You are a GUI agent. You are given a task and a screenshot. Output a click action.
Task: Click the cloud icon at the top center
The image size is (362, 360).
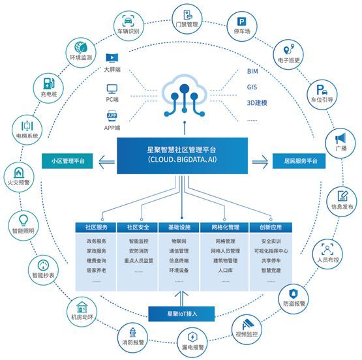[x=184, y=95]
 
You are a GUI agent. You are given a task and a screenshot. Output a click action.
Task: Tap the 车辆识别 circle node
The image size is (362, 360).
[x=128, y=26]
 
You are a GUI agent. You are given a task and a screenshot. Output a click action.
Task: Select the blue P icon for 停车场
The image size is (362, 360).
[x=242, y=22]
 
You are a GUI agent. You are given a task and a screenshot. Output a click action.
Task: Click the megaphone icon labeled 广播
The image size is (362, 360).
[x=340, y=138]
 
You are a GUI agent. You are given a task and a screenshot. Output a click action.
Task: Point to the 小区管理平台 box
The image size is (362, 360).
[x=67, y=161]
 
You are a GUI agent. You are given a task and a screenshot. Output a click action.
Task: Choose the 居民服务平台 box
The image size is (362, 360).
[x=299, y=161]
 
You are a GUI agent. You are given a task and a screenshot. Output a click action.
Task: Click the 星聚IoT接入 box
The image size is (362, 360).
[x=181, y=314]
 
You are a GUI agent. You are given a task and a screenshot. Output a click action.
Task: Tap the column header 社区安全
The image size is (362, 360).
[x=138, y=228]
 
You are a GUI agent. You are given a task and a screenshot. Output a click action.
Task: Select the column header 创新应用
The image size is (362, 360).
[x=271, y=228]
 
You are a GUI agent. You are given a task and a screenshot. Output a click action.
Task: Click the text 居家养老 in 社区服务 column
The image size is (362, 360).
[x=97, y=270]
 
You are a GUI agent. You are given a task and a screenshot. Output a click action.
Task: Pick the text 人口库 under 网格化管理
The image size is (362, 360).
[x=225, y=270]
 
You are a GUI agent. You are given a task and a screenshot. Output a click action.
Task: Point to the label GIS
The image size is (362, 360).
[x=252, y=87]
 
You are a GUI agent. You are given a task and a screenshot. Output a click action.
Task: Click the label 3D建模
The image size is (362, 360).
[x=257, y=102]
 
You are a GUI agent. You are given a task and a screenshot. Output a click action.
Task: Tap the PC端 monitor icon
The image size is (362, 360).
[x=112, y=89]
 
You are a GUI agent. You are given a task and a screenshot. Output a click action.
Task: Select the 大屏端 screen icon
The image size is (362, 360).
[x=112, y=58]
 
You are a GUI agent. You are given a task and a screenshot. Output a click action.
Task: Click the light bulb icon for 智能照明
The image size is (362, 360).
[x=23, y=220]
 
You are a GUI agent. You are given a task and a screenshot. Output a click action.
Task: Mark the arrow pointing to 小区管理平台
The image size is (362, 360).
[x=107, y=162]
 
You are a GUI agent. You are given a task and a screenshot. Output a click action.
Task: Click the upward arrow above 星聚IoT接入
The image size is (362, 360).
[x=181, y=299]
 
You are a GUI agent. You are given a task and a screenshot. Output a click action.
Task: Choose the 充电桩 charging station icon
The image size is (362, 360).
[x=49, y=83]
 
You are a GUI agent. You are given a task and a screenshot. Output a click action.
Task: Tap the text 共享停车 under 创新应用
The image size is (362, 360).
[x=271, y=260]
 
